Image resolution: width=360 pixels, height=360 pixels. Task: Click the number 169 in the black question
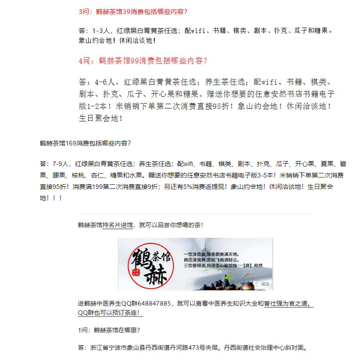pos(71,144)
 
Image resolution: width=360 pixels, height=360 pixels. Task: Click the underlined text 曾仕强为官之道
pos(288,303)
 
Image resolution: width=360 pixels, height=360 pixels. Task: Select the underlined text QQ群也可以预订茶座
pos(110,313)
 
